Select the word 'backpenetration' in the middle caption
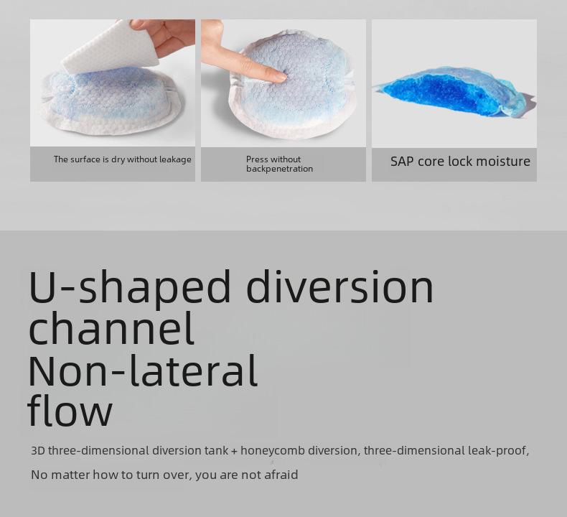coord(279,169)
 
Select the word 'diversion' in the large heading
coord(341,287)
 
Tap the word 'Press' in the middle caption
coord(257,159)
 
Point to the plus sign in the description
coord(235,452)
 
